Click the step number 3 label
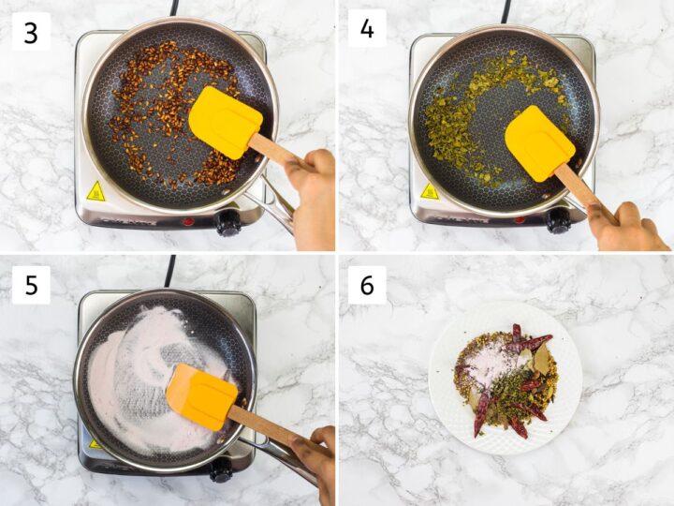click(x=31, y=32)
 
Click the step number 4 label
click(x=367, y=29)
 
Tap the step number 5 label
click(x=31, y=285)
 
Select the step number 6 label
click(x=367, y=285)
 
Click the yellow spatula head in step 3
click(x=225, y=122)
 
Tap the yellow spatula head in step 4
click(x=539, y=142)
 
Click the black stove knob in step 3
click(x=227, y=223)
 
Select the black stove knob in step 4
click(x=559, y=221)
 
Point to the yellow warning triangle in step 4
click(x=429, y=191)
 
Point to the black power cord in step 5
click(x=169, y=271)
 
